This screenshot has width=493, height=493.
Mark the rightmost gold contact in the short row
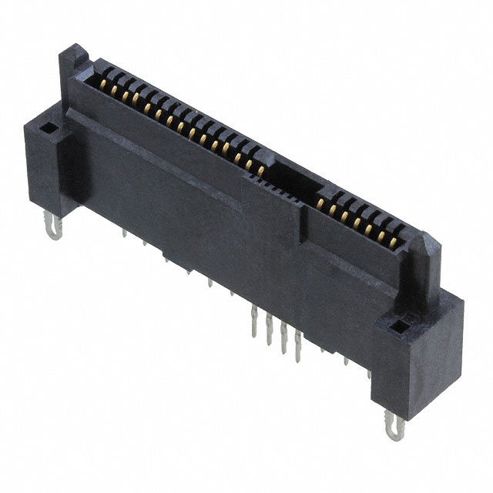(399, 245)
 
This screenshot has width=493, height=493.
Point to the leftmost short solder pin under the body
(124, 230)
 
